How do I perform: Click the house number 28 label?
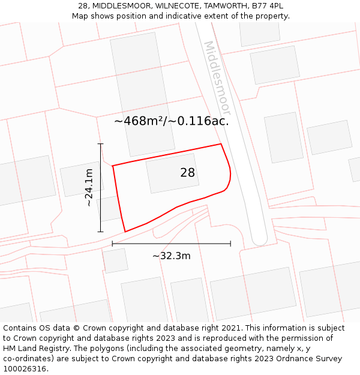click(187, 173)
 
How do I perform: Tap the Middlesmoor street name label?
click(217, 78)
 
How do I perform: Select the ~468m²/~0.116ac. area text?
click(172, 121)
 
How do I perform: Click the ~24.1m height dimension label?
click(89, 187)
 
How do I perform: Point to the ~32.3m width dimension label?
click(171, 256)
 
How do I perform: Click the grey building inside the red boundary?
click(172, 173)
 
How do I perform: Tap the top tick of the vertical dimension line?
click(100, 144)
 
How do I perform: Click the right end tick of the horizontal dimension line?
click(230, 244)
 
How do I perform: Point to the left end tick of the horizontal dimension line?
click(112, 244)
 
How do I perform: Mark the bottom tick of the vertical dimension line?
click(100, 232)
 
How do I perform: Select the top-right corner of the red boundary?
click(221, 144)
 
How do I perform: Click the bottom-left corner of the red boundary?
click(125, 232)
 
